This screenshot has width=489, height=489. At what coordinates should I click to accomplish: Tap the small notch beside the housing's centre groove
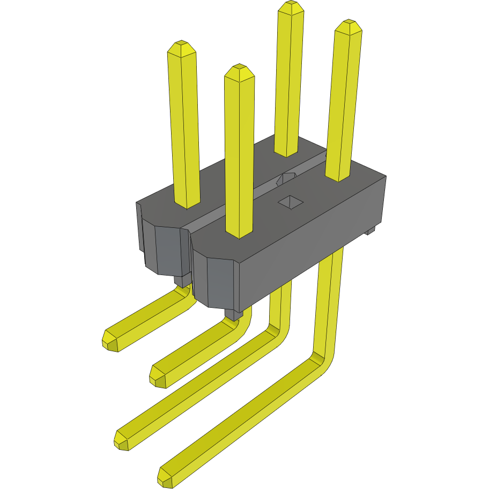(285, 180)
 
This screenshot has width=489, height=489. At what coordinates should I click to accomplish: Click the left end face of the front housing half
(220, 281)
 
